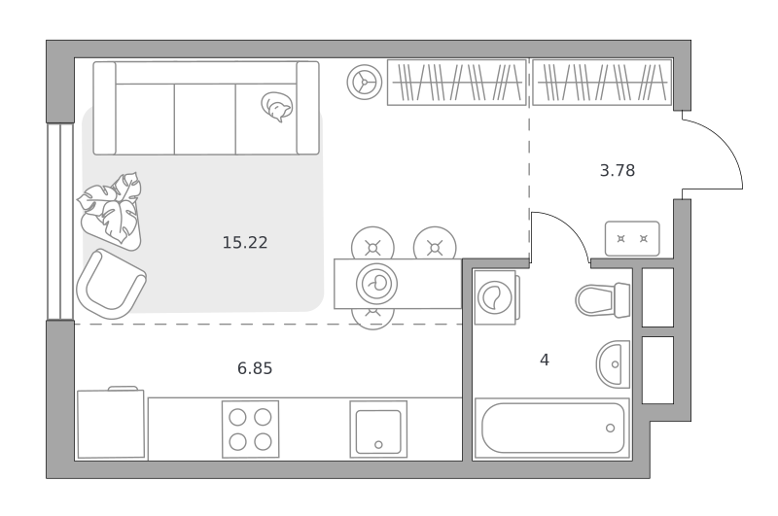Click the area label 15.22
(245, 242)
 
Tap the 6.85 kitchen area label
(255, 368)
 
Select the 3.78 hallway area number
(618, 170)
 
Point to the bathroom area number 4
(545, 360)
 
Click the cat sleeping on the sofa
(277, 107)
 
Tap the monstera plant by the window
(111, 210)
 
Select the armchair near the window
(111, 285)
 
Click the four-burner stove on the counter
(251, 430)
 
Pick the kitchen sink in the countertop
(378, 430)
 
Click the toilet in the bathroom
(603, 300)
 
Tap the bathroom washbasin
(614, 364)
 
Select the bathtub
(551, 428)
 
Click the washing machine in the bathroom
(496, 297)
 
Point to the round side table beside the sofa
(365, 83)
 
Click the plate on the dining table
(376, 284)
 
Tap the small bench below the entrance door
(632, 238)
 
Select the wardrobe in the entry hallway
(602, 83)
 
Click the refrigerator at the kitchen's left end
(111, 424)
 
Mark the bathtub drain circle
(611, 428)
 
